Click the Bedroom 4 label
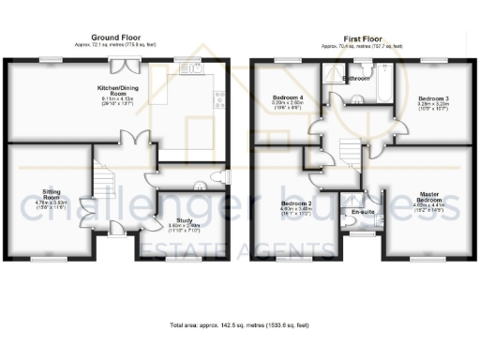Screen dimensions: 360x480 (x=288, y=98)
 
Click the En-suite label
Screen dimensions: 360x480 (x=362, y=214)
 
